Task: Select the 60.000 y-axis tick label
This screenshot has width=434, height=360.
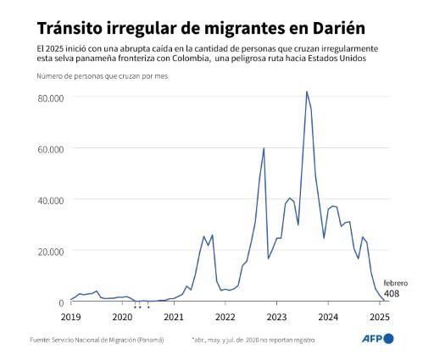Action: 50,149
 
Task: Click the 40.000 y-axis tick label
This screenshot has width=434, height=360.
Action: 50,200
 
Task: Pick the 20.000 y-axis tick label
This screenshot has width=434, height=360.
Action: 50,251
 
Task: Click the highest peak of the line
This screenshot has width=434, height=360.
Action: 307,91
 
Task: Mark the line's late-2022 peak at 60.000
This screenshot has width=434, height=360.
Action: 264,148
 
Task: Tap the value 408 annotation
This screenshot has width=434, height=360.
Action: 392,294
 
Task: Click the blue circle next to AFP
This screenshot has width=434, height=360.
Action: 388,339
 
